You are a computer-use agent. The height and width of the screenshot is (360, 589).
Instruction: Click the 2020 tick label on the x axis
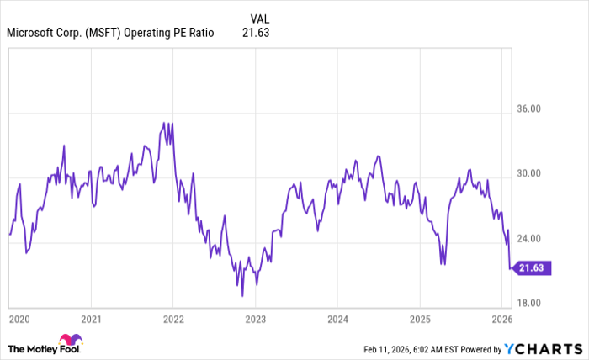coord(19,320)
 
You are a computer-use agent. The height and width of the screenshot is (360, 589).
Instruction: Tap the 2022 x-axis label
coord(173,320)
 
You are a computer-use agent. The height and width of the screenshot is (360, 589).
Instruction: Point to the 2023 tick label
coord(256,320)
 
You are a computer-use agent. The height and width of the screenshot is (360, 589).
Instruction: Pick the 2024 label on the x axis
coord(337,320)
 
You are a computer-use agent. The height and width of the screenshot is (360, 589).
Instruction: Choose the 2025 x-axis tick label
coord(420,320)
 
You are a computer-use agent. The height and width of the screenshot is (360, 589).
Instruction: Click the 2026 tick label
coord(501,320)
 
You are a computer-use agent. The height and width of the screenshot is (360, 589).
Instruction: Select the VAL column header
coord(260,18)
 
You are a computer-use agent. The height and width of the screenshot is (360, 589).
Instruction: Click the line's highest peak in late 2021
coord(165,123)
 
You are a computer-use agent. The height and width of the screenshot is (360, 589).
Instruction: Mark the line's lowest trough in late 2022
coord(242,295)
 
